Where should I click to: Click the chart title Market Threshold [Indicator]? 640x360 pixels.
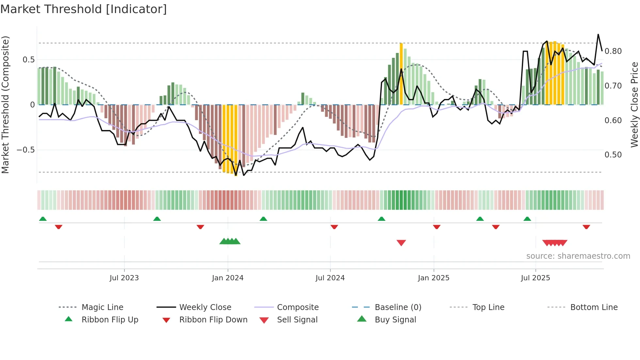pyautogui.click(x=84, y=9)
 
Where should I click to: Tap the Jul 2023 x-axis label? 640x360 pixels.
pyautogui.click(x=124, y=278)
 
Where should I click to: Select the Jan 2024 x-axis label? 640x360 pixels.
pyautogui.click(x=228, y=278)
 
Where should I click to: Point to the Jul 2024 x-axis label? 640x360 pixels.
pyautogui.click(x=330, y=278)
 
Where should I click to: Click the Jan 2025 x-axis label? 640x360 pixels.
pyautogui.click(x=433, y=278)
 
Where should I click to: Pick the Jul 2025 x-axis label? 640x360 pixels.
pyautogui.click(x=535, y=278)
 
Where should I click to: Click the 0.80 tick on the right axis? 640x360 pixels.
pyautogui.click(x=613, y=51)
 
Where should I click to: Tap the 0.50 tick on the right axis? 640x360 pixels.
pyautogui.click(x=613, y=155)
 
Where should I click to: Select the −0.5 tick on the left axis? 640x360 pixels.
pyautogui.click(x=25, y=150)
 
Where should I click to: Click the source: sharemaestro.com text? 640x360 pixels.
pyautogui.click(x=578, y=256)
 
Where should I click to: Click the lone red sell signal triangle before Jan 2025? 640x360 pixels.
pyautogui.click(x=401, y=243)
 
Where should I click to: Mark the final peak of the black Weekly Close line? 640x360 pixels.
pyautogui.click(x=598, y=34)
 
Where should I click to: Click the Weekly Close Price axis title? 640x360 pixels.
pyautogui.click(x=634, y=105)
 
